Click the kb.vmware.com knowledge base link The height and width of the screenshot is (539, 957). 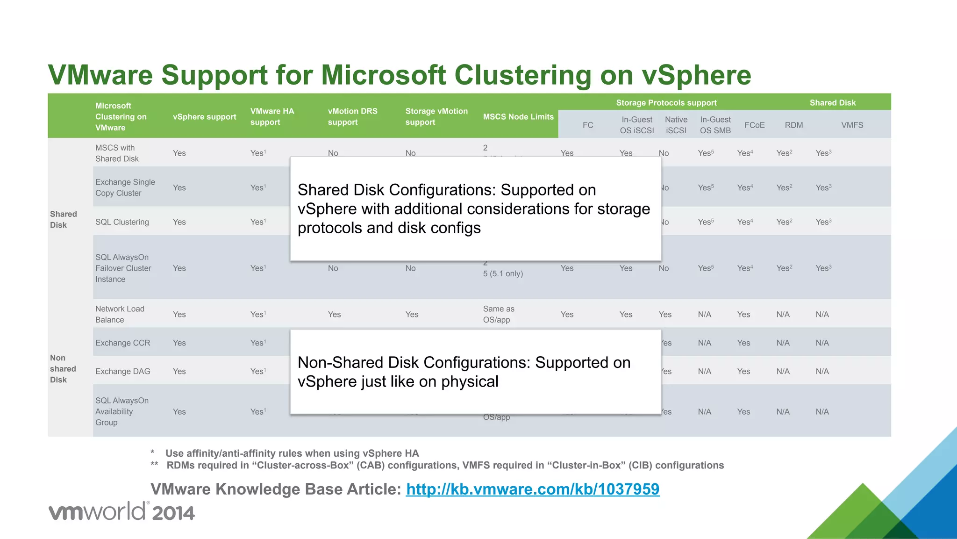pyautogui.click(x=532, y=489)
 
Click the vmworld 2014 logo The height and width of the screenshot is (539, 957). pyautogui.click(x=121, y=511)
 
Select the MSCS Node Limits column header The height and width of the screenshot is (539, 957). pyautogui.click(x=518, y=116)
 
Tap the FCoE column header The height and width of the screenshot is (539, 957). pyautogui.click(x=754, y=125)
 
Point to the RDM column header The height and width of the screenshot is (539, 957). pyautogui.click(x=793, y=125)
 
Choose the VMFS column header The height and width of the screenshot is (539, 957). pyautogui.click(x=852, y=125)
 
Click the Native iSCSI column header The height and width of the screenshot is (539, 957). pyautogui.click(x=676, y=125)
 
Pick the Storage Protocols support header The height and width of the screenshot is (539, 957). pyautogui.click(x=666, y=102)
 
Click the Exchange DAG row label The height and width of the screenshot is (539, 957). pyautogui.click(x=122, y=371)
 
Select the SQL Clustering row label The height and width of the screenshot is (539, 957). pyautogui.click(x=122, y=222)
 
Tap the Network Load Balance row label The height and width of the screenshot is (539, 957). pyautogui.click(x=120, y=314)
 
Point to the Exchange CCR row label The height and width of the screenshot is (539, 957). pyautogui.click(x=122, y=343)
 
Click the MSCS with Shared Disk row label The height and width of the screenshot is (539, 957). pyautogui.click(x=117, y=153)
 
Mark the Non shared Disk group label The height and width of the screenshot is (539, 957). pyautogui.click(x=63, y=369)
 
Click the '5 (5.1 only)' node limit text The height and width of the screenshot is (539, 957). pyautogui.click(x=503, y=273)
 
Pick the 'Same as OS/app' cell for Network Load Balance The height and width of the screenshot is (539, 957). pyautogui.click(x=498, y=314)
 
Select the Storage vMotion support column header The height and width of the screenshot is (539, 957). pyautogui.click(x=436, y=116)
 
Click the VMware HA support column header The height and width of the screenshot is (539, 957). pyautogui.click(x=272, y=116)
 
